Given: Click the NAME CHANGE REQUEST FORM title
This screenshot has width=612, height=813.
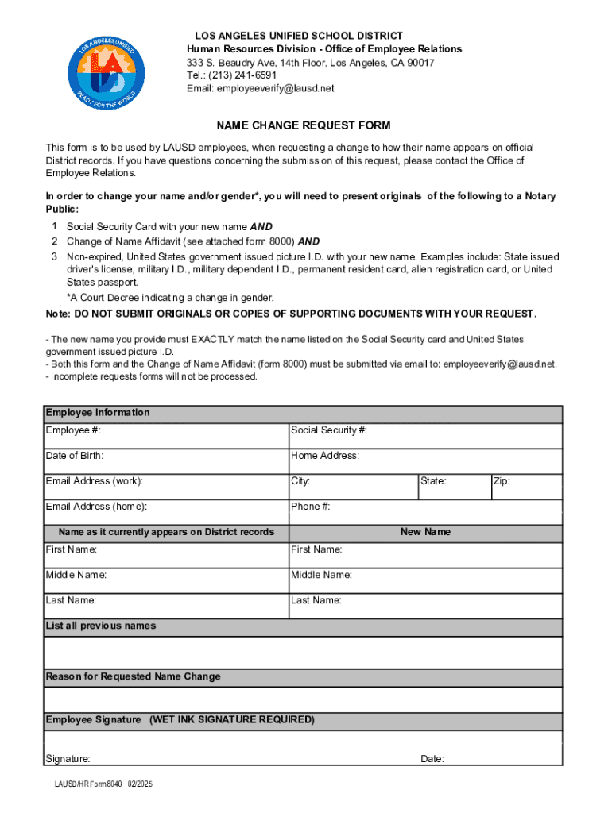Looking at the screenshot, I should coord(304,126).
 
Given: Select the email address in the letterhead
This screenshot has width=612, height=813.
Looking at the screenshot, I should coord(261,88).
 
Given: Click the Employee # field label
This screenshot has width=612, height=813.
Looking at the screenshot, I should coord(73,430).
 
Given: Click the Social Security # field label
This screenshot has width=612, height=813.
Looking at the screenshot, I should coord(329,430).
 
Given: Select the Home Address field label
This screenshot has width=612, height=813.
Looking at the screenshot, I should coord(325,456).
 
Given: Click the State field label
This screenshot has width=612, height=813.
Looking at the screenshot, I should coord(434,481).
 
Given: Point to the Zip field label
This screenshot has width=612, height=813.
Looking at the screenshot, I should coord(502,481).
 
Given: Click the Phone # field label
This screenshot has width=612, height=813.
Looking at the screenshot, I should coord(311,507).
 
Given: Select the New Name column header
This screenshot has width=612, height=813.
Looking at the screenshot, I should coord(425,532).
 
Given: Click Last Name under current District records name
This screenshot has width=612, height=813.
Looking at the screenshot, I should coord(72,600).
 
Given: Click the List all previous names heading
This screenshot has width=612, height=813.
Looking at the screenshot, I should coord(101,626).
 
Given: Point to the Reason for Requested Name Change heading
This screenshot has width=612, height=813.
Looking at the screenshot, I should coord(134,676).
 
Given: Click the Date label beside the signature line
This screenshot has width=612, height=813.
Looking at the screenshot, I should coord(432,759).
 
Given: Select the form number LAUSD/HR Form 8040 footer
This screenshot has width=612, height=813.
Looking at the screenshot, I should coord(99,784).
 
